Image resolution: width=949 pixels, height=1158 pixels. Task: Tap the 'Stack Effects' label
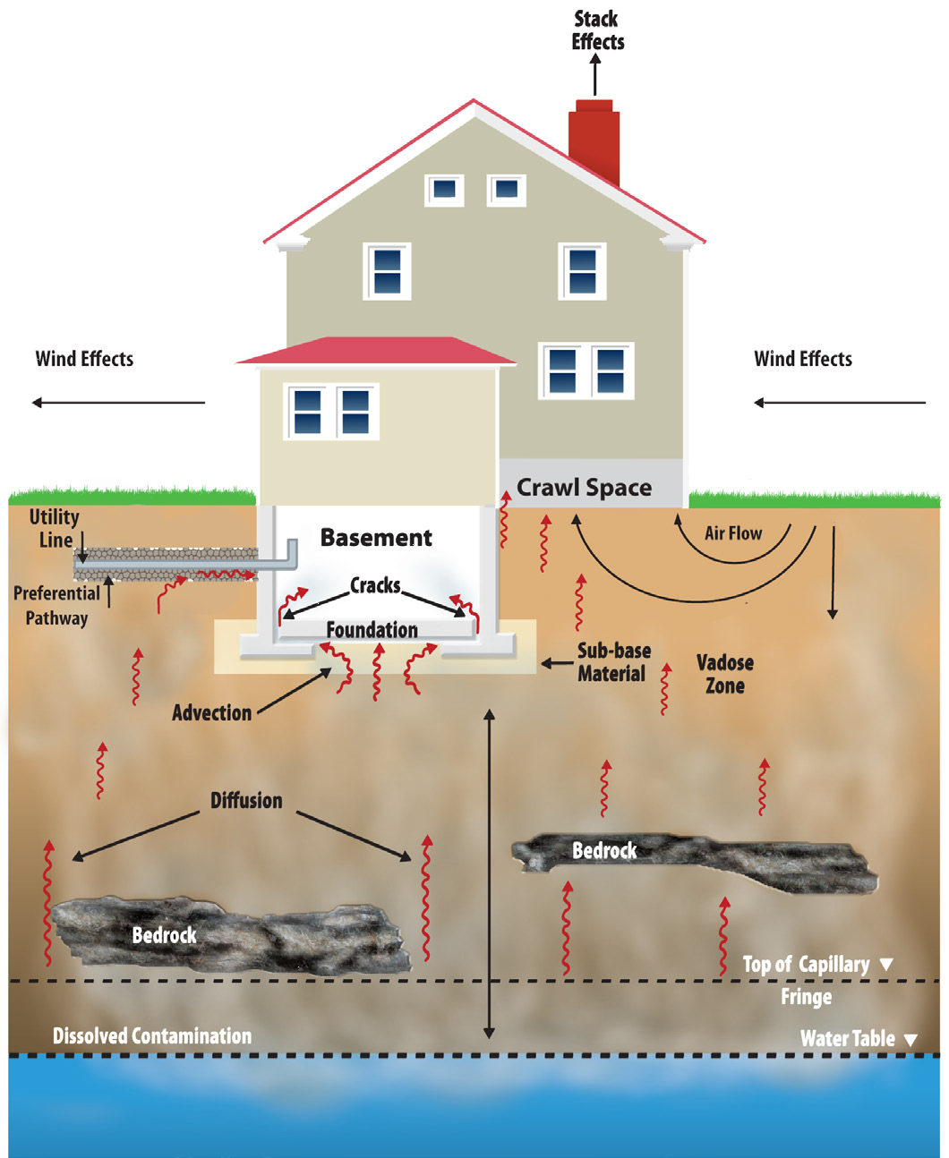pyautogui.click(x=597, y=30)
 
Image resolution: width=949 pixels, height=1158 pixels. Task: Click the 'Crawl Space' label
pyautogui.click(x=584, y=488)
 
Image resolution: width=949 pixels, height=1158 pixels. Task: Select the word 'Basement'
pyautogui.click(x=376, y=538)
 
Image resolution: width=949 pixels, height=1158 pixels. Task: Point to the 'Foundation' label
pyautogui.click(x=372, y=630)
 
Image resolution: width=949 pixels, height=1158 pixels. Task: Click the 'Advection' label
pyautogui.click(x=211, y=713)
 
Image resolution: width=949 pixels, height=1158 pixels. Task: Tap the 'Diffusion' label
pyautogui.click(x=246, y=801)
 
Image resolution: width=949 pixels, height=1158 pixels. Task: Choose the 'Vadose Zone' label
pyautogui.click(x=724, y=674)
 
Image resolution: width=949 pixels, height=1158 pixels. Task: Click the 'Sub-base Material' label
pyautogui.click(x=613, y=662)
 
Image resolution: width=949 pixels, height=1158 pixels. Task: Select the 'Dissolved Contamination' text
pyautogui.click(x=152, y=1036)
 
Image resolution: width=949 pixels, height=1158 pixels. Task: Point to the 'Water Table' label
pyautogui.click(x=847, y=1039)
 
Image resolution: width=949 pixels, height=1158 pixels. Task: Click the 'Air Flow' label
pyautogui.click(x=733, y=534)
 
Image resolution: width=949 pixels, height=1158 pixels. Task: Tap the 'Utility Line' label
pyautogui.click(x=55, y=528)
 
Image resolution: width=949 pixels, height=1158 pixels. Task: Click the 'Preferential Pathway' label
pyautogui.click(x=56, y=606)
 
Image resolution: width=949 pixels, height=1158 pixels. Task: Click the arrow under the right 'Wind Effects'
pyautogui.click(x=839, y=403)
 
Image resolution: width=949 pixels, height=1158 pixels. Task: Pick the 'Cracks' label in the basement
pyautogui.click(x=375, y=586)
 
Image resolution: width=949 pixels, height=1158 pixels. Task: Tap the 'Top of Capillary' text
pyautogui.click(x=806, y=965)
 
